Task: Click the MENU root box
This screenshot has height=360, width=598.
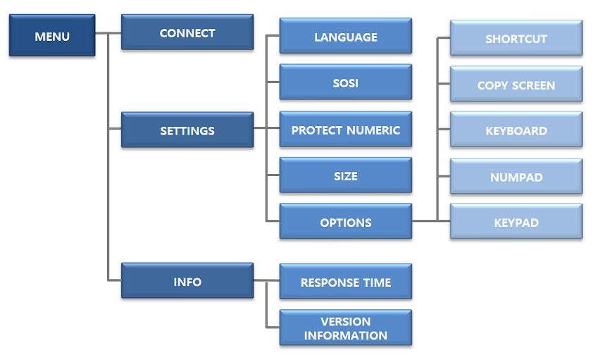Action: pyautogui.click(x=51, y=35)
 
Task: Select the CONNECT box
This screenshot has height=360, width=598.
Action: pyautogui.click(x=187, y=33)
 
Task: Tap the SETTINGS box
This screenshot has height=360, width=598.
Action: pyautogui.click(x=187, y=130)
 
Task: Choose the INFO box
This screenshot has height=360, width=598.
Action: pyautogui.click(x=187, y=282)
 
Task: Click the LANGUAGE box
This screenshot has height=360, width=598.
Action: pyautogui.click(x=345, y=37)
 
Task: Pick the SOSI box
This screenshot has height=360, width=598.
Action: pyautogui.click(x=345, y=82)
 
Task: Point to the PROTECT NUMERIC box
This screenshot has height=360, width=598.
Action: pyautogui.click(x=345, y=130)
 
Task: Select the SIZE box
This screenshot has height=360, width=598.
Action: pyautogui.click(x=345, y=176)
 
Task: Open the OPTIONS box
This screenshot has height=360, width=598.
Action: pyautogui.click(x=345, y=223)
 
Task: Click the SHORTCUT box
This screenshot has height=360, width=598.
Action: pyautogui.click(x=516, y=39)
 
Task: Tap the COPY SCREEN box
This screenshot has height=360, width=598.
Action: pyautogui.click(x=516, y=85)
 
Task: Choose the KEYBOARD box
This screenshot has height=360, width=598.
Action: pyautogui.click(x=516, y=130)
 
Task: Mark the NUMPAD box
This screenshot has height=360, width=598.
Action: pyautogui.click(x=516, y=178)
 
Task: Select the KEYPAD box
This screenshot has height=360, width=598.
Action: pyautogui.click(x=516, y=223)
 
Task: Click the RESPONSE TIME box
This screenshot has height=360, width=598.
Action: pyautogui.click(x=345, y=283)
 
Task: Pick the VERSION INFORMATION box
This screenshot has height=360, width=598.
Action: pyautogui.click(x=345, y=328)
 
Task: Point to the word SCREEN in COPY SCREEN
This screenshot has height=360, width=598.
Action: pyautogui.click(x=533, y=85)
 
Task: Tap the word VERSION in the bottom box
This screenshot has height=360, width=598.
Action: pyautogui.click(x=345, y=321)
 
